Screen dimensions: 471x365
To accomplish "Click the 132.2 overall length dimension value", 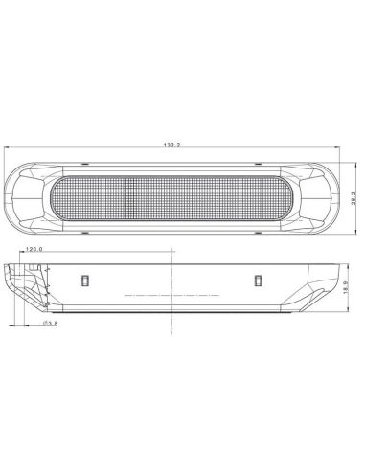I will pos(172,145).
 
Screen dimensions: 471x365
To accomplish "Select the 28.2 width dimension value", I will pos(354,197).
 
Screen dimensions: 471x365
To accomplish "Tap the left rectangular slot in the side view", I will pos(83,280).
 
